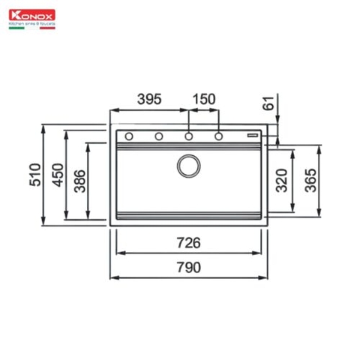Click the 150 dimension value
[x=203, y=99]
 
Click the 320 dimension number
[x=283, y=181]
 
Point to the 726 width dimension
[x=189, y=243]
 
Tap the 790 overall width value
[x=189, y=268]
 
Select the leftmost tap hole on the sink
[x=129, y=136]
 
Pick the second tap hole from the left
[x=159, y=136]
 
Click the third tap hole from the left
[x=189, y=136]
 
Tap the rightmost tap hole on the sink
[x=219, y=136]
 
